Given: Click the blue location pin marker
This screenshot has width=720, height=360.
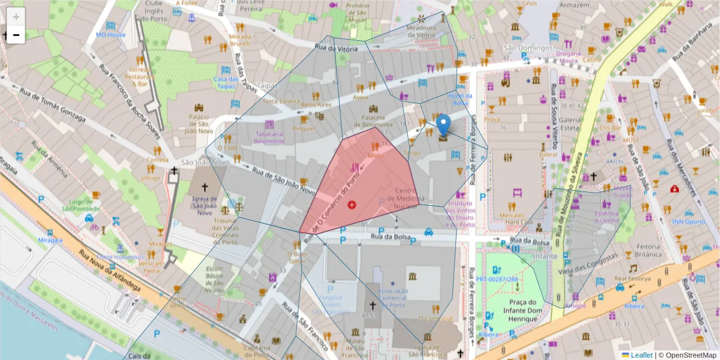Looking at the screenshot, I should [x=443, y=125].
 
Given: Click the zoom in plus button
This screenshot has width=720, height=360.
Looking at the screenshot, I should [x=16, y=17].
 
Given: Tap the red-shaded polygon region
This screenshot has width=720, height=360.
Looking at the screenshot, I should [x=366, y=186].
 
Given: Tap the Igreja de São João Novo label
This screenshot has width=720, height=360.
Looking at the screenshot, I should [x=204, y=205].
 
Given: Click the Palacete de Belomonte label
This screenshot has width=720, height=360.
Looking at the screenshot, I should [x=376, y=121].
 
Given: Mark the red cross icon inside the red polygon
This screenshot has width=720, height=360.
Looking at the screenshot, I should [x=352, y=205].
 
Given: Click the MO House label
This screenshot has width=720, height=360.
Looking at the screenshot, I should [x=111, y=35].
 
